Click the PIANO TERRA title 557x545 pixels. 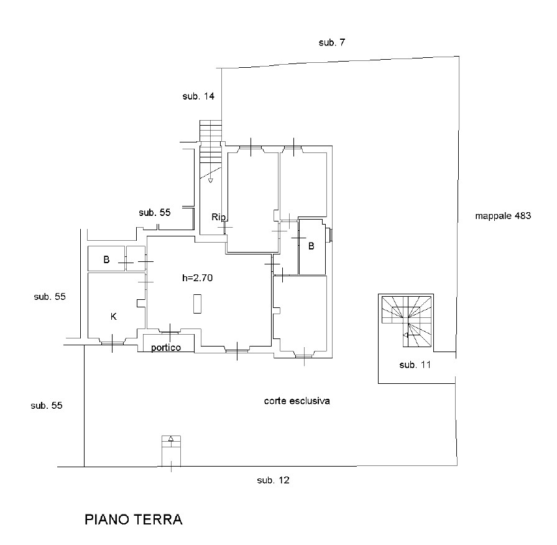[x=133, y=520]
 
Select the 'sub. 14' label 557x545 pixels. [x=198, y=96]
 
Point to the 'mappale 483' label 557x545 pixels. [x=503, y=217]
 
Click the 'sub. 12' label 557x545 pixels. [x=273, y=480]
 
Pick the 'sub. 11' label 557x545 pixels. [x=415, y=365]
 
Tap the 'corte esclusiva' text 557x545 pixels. [x=297, y=401]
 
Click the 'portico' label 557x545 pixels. [x=166, y=348]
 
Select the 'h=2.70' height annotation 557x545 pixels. [x=198, y=279]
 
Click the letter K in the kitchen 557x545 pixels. [x=113, y=316]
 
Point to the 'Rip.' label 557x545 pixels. [x=219, y=217]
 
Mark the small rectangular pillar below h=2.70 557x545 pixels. [x=197, y=304]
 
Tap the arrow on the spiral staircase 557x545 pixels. [x=406, y=335]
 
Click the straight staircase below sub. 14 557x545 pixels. [x=211, y=133]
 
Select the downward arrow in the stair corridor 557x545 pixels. [x=210, y=180]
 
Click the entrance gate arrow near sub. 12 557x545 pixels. [x=171, y=439]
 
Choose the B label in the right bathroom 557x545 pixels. [x=311, y=246]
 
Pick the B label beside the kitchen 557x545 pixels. [x=106, y=260]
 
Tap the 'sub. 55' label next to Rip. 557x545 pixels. [x=155, y=213]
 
